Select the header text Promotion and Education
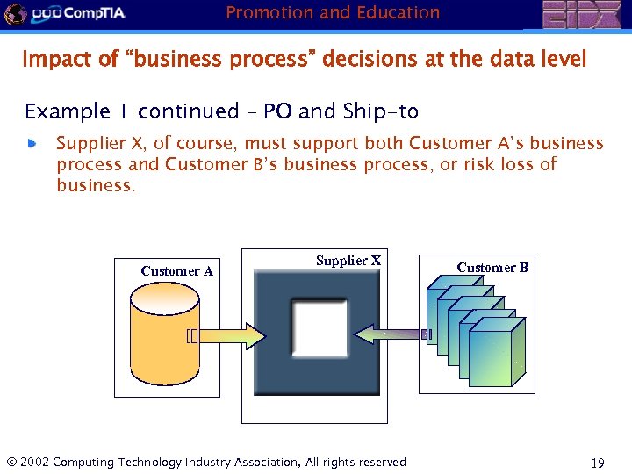coord(333,13)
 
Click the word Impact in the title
coord(51,60)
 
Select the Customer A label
coord(176,271)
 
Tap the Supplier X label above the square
coord(348,261)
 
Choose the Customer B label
coord(492,268)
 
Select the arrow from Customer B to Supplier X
coord(395,334)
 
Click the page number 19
coord(600,463)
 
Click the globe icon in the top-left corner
coord(14,13)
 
